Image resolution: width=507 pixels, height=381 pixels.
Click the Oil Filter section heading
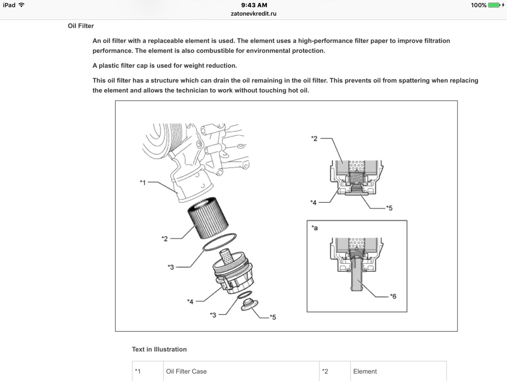(x=81, y=26)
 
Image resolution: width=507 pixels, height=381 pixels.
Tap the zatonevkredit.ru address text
(x=253, y=13)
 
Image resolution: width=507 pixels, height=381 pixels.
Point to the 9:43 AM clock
(x=254, y=5)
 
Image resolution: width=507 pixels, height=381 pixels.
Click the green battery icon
(x=494, y=5)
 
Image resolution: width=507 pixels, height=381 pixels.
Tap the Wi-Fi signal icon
(x=21, y=5)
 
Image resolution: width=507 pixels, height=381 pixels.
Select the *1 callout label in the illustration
(x=143, y=183)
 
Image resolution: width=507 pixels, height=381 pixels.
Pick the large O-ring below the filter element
(x=219, y=242)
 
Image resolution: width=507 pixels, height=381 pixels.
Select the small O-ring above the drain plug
(x=245, y=295)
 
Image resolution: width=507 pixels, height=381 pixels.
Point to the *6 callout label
(x=393, y=296)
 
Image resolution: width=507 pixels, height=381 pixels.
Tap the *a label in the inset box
(x=314, y=228)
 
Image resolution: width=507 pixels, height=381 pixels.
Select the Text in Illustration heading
(x=159, y=349)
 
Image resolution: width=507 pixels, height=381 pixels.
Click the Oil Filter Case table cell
(x=187, y=371)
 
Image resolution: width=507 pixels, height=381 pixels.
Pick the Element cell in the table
(x=365, y=371)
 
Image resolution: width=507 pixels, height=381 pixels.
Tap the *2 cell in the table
(x=325, y=371)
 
